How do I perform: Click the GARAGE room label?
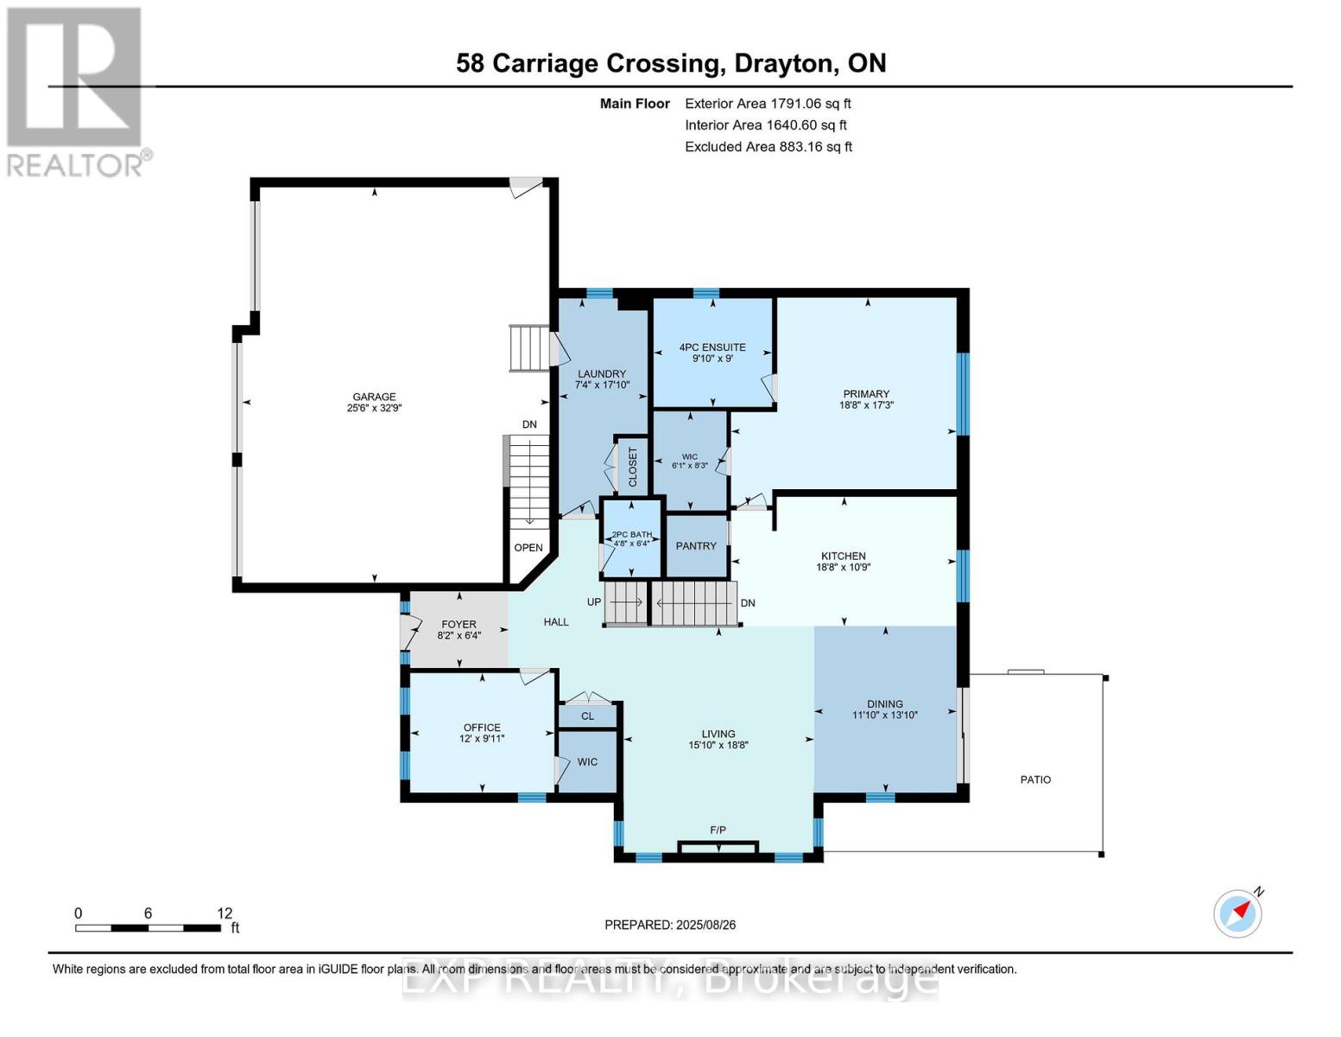(x=374, y=397)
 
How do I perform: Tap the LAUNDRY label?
(x=601, y=374)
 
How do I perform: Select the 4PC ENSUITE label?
(x=712, y=347)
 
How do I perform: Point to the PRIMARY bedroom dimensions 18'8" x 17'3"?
(x=866, y=405)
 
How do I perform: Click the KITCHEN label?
(x=843, y=557)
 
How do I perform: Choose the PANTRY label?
(x=696, y=546)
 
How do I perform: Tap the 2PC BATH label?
(x=632, y=535)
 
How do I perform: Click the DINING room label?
(x=884, y=704)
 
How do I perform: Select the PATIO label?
(x=1035, y=779)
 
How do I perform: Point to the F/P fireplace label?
(x=718, y=830)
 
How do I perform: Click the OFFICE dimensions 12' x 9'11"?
(x=482, y=739)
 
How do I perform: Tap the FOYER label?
(x=459, y=624)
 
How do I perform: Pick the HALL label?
(x=556, y=622)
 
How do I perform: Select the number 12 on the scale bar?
(x=225, y=913)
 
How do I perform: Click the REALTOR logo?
(x=76, y=91)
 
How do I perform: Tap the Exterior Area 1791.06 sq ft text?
(x=768, y=104)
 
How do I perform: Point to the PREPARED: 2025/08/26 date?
(x=670, y=925)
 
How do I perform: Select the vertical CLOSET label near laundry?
(x=632, y=467)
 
